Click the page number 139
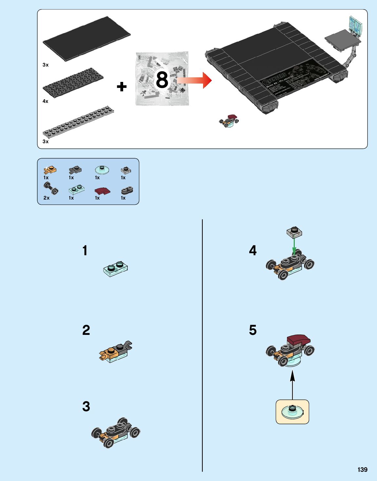(362, 470)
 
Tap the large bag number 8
(162, 80)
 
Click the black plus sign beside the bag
(122, 87)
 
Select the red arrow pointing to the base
(195, 80)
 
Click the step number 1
(85, 251)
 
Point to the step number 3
(86, 406)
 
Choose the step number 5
(253, 330)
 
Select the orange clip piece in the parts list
(50, 170)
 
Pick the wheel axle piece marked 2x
(51, 188)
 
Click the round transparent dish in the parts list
(102, 170)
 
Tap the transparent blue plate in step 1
(115, 269)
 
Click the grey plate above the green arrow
(294, 232)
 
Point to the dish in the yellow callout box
(292, 412)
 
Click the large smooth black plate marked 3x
(86, 39)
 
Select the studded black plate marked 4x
(73, 82)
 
